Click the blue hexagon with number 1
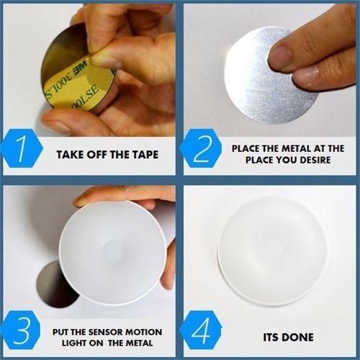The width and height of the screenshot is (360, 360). (x=22, y=148)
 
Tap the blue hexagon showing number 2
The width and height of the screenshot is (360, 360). (x=201, y=148)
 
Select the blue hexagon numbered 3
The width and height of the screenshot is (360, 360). (x=22, y=330)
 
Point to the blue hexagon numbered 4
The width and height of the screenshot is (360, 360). (x=201, y=330)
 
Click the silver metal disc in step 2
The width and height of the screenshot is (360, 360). (x=271, y=76)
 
